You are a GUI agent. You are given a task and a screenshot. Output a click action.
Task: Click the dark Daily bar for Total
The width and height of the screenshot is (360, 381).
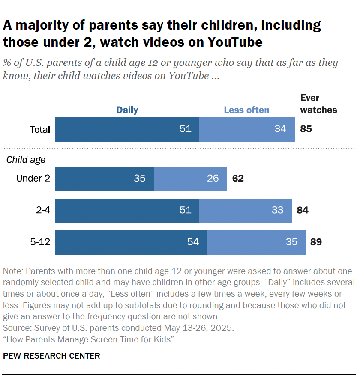127,129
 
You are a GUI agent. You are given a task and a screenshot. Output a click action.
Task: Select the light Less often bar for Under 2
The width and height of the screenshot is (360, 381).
190,179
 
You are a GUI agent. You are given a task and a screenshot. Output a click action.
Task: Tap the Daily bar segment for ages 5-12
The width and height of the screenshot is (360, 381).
131,242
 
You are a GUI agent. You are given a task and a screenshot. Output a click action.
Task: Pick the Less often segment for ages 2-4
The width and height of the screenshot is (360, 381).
245,210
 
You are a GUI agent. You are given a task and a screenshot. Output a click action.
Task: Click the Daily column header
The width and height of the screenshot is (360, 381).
127,110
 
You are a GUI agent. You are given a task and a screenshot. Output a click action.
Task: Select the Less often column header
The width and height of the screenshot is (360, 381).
246,110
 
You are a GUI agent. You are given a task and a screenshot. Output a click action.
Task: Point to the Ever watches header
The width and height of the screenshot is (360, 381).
318,104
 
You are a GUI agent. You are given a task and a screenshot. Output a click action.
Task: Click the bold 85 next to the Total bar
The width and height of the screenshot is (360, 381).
306,129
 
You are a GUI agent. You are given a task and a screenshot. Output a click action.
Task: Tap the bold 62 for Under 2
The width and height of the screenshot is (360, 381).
238,179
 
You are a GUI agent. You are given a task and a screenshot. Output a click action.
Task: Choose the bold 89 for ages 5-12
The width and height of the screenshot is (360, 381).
316,242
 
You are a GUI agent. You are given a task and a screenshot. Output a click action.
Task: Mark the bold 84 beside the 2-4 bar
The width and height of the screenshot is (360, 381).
302,210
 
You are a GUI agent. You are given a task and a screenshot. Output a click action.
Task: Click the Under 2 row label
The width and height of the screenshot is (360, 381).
33,178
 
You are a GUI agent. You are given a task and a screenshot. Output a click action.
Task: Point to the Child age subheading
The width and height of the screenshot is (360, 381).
26,160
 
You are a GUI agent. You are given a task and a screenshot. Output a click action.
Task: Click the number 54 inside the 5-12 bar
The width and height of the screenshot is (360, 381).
193,242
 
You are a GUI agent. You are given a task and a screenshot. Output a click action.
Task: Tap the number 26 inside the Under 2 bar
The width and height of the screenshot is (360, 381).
213,179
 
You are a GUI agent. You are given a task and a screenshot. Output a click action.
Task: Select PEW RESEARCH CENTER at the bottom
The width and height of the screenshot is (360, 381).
51,356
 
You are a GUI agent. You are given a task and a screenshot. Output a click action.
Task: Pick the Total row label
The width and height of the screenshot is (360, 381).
40,129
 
